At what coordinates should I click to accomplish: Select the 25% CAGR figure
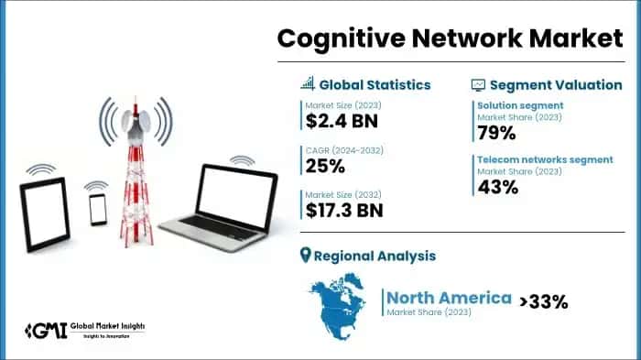[326, 166]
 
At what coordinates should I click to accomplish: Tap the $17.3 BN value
[344, 210]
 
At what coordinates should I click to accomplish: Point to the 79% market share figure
[497, 133]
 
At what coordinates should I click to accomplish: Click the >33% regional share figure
[544, 300]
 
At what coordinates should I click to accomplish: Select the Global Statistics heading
[375, 84]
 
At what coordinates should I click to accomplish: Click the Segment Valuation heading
[557, 84]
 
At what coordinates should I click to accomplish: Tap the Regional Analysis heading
[375, 256]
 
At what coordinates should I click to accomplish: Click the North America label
[449, 297]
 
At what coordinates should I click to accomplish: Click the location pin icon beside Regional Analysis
[306, 256]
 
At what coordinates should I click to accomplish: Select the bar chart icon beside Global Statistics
[308, 84]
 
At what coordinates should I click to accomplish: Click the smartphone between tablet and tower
[98, 209]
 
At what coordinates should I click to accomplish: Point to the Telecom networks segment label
[545, 159]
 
